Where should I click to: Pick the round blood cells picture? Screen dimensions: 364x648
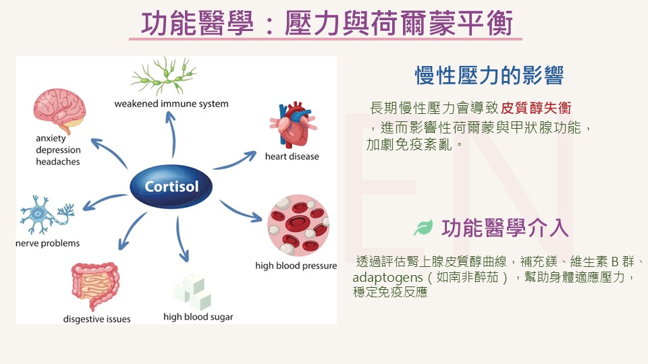point(298,226)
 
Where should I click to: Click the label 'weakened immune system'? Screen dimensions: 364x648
point(171,104)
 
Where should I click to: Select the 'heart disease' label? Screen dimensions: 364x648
point(292,156)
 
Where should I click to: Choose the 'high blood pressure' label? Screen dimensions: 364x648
point(296,266)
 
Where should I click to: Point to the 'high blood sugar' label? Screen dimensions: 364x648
point(198,316)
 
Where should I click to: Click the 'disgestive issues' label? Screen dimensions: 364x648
point(97,319)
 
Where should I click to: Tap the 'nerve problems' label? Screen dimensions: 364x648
point(48,243)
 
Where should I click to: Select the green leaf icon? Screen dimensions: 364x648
point(423,228)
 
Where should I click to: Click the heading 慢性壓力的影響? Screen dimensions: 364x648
point(489,75)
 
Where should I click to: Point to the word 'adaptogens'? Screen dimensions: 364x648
point(381,278)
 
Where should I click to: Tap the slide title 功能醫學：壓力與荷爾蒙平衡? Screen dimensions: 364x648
point(327,25)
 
